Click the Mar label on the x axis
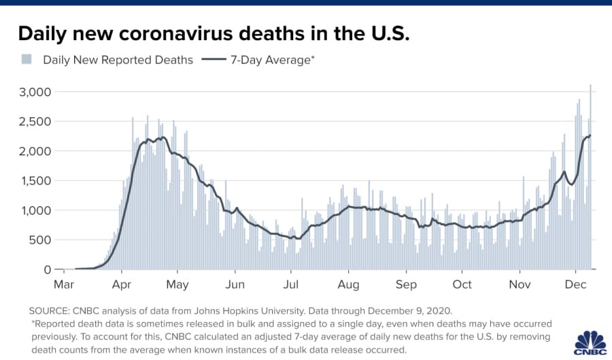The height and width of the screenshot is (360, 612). [x=64, y=284]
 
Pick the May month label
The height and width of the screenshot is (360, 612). [x=177, y=284]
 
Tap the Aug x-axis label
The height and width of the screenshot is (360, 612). [x=349, y=284]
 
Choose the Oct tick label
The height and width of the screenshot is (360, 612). [x=462, y=284]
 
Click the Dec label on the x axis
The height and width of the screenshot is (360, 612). [x=577, y=284]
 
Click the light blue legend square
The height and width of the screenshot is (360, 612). [x=27, y=59]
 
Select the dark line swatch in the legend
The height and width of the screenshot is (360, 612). [x=214, y=59]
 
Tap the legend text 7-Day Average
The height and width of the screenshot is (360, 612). [x=272, y=60]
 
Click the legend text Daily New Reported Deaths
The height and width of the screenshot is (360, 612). [x=118, y=60]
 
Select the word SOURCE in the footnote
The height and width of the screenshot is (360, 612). [x=50, y=310]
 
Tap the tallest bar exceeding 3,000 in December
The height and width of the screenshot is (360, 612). [x=590, y=177]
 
